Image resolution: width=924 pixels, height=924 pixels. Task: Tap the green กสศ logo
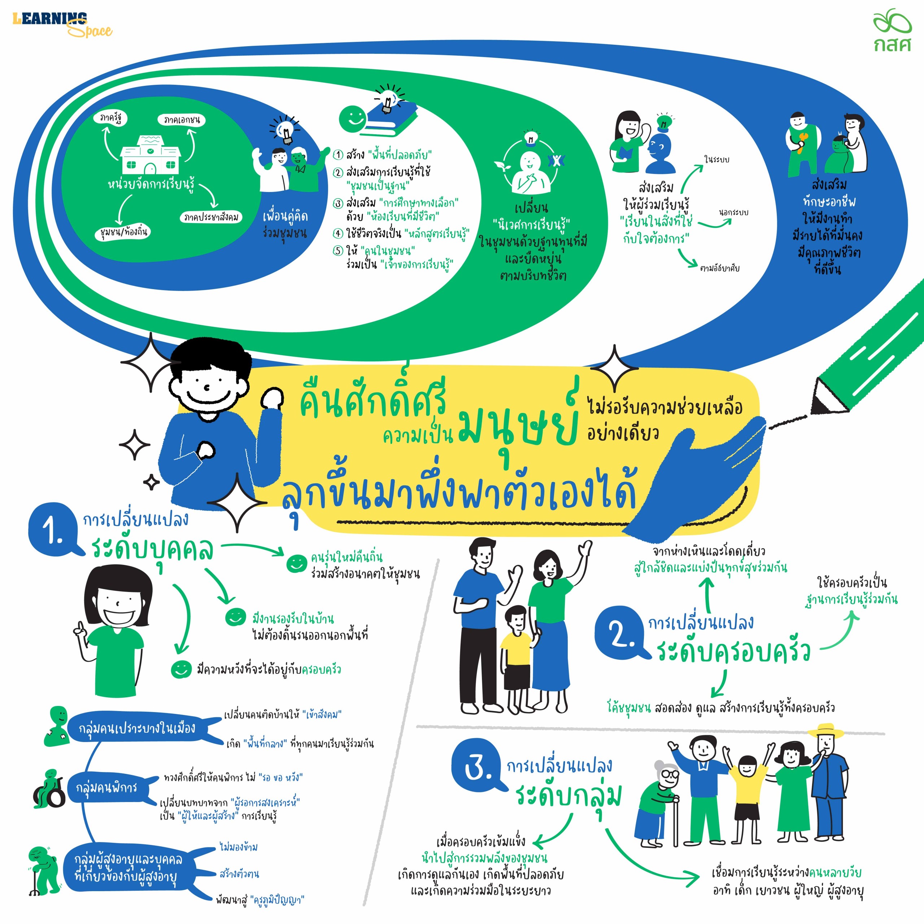[x=892, y=30]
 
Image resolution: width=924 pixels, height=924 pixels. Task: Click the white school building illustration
[x=150, y=155]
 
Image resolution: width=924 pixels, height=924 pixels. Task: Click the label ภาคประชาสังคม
[x=211, y=217]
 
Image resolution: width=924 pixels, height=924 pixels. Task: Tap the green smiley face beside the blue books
[x=353, y=118]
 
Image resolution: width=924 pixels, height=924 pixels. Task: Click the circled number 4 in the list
[x=338, y=234]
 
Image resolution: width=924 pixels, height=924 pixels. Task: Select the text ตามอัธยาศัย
[x=719, y=268]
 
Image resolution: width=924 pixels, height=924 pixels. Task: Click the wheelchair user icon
[x=49, y=789]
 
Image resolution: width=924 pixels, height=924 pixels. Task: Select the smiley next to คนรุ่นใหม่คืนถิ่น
[x=296, y=563]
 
